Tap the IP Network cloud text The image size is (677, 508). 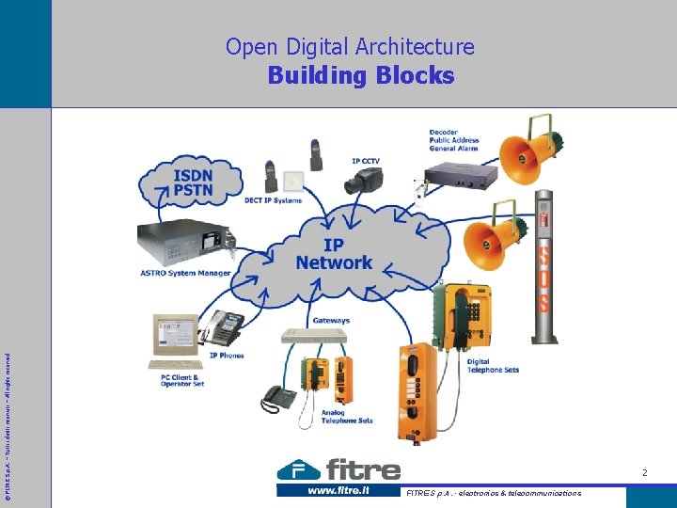click(x=334, y=253)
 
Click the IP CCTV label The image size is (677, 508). click(x=366, y=161)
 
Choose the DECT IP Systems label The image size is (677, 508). click(x=273, y=200)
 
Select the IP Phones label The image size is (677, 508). click(x=227, y=356)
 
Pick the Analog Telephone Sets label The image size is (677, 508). click(x=346, y=417)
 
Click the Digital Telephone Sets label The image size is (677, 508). click(x=493, y=366)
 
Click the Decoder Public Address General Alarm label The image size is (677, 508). click(x=453, y=140)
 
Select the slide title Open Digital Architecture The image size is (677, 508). click(x=350, y=46)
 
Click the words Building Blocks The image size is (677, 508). click(x=360, y=75)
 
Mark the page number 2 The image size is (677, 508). click(x=644, y=472)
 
